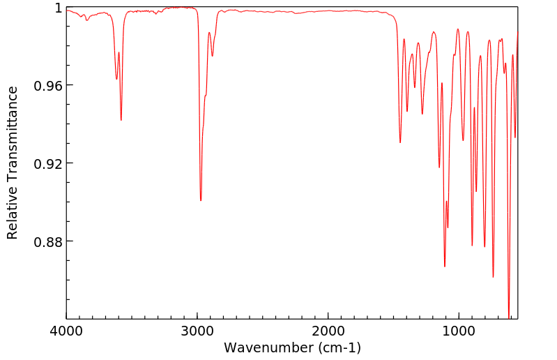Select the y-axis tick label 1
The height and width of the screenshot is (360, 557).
59,8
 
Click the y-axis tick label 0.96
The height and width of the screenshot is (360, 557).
49,85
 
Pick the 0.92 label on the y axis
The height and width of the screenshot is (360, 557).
49,163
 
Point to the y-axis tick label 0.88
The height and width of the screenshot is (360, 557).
49,241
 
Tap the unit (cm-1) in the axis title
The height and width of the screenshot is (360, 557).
337,347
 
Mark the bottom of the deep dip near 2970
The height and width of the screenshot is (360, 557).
201,200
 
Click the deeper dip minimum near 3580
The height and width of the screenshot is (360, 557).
121,120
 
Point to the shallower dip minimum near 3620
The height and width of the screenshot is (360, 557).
116,79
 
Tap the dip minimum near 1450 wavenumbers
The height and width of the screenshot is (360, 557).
400,142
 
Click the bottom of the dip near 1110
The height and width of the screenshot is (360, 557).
445,267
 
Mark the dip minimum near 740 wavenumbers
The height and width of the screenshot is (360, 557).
493,277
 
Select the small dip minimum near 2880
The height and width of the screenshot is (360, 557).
213,57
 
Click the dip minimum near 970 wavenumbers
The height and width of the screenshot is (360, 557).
463,140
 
